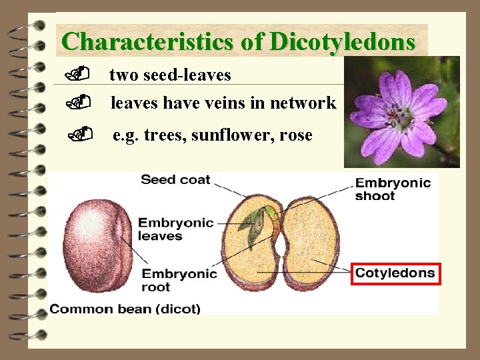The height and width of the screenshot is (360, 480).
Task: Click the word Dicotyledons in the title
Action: (x=343, y=41)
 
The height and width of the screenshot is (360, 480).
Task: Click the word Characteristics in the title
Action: (x=146, y=41)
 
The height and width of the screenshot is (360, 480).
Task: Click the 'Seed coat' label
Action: (x=175, y=179)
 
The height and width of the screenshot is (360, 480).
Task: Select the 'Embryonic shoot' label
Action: (x=393, y=189)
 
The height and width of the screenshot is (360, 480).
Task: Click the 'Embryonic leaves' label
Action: (x=175, y=229)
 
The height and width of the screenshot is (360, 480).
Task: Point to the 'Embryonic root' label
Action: (x=179, y=280)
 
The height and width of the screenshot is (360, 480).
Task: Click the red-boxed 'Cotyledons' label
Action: (x=395, y=273)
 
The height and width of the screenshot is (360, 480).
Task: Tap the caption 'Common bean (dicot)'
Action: (x=125, y=309)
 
